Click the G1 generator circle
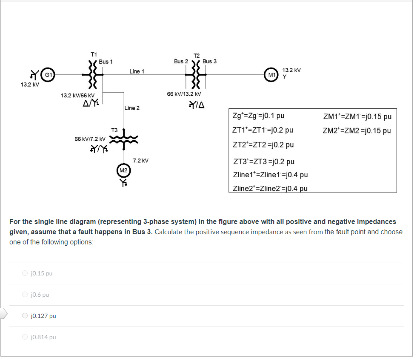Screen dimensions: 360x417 pos(49,75)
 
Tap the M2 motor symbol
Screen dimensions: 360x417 pos(123,170)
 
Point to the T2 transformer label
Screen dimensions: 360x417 pos(196,56)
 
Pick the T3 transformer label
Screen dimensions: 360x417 pos(114,130)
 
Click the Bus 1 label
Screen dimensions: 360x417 pos(106,62)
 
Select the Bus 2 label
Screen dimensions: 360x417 pos(181,61)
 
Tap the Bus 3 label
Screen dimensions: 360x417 pos(209,61)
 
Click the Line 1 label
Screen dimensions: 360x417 pos(137,71)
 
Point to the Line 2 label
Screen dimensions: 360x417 pos(132,108)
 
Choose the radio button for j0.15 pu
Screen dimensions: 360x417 pos(26,273)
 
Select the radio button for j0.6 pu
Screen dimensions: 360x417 pos(26,295)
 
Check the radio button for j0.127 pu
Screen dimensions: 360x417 pos(26,316)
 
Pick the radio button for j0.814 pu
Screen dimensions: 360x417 pos(26,337)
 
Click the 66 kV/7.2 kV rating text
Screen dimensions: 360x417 pos(90,139)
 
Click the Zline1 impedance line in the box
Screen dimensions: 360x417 pos(271,175)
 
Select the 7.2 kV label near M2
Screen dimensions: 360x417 pos(140,161)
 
